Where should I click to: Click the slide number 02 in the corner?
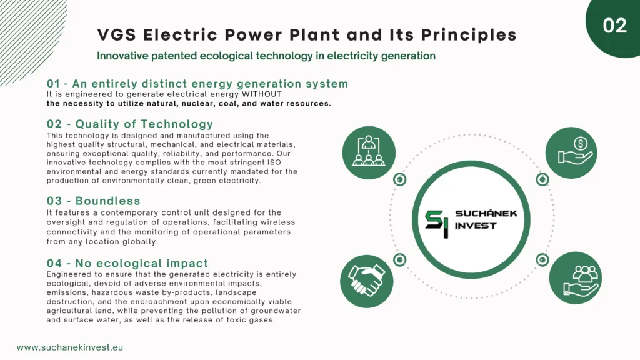(614, 26)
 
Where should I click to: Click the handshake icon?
(366, 281)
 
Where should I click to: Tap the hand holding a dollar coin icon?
(571, 152)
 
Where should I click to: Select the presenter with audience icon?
(369, 152)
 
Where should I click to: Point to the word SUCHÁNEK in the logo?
(486, 213)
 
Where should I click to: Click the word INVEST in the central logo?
(476, 226)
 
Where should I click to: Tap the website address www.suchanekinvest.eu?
(70, 347)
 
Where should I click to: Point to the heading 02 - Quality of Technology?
(130, 124)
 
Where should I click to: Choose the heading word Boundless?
(107, 201)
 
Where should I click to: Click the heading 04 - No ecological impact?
(127, 263)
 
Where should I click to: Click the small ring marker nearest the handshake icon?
(399, 259)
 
